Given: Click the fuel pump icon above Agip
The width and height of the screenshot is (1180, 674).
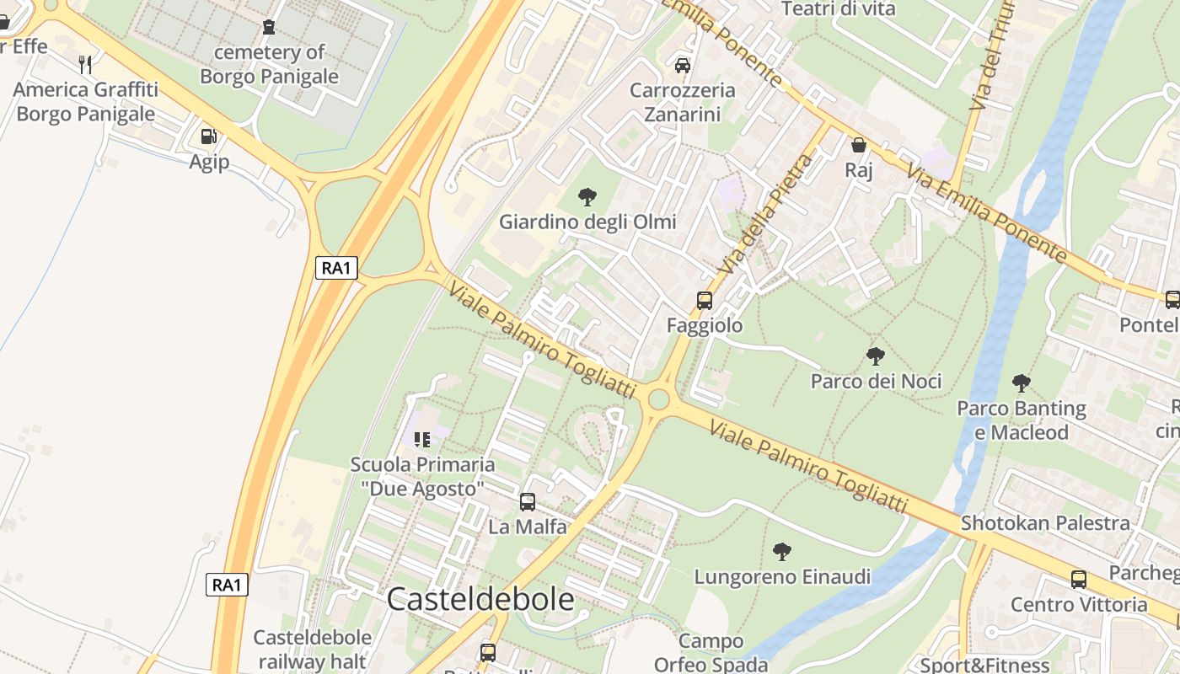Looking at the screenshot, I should (208, 136).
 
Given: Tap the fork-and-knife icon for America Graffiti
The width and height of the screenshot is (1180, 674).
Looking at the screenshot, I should (85, 64).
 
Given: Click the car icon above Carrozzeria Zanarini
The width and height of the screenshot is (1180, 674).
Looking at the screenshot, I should (683, 65).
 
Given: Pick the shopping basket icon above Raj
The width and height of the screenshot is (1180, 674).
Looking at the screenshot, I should (859, 145).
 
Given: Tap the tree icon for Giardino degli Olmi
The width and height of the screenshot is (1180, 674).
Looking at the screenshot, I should (587, 198).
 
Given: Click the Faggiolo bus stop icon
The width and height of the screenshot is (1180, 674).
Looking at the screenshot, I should (705, 300).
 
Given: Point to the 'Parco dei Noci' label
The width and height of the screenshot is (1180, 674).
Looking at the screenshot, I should (876, 381).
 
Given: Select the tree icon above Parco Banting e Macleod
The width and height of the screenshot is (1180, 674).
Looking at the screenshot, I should (1022, 384).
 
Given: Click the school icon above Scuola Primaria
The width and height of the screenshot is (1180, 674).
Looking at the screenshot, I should (422, 439).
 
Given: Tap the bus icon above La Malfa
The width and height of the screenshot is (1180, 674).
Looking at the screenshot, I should (528, 502).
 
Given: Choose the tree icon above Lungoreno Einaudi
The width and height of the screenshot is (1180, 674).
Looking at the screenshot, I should (782, 552).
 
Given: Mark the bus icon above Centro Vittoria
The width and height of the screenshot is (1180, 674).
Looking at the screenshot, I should (1079, 580).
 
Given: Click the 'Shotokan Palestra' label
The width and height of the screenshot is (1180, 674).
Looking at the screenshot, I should (1045, 523).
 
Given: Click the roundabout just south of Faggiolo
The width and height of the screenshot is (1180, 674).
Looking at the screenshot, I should (658, 399).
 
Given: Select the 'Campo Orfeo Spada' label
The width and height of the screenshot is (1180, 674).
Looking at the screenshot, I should (711, 653).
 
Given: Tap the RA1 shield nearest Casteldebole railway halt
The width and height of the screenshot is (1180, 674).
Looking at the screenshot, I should (227, 585).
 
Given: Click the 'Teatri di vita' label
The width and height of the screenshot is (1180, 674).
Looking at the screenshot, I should (839, 9).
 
